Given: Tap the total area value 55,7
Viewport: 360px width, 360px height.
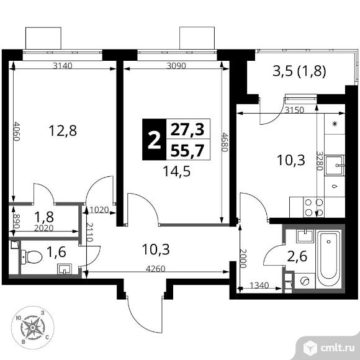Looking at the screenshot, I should click(189, 148).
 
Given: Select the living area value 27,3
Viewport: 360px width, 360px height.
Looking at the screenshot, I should click(189, 128).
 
